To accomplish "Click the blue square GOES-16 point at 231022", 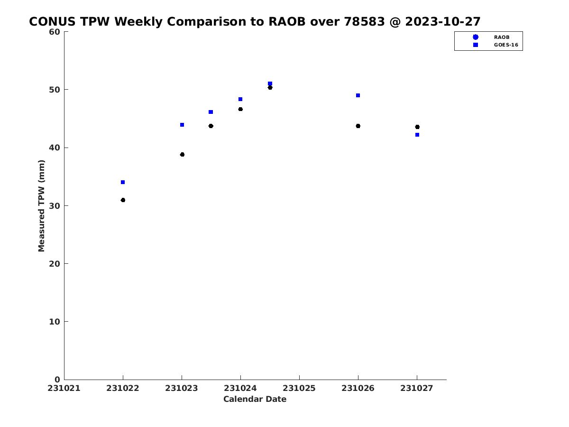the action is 123,182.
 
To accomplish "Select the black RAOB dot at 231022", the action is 123,200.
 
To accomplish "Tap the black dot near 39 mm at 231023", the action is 182,155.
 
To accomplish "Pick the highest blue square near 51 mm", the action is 270,84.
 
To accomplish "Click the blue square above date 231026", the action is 358,95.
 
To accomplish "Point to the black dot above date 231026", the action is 358,126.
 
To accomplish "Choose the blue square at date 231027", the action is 417,135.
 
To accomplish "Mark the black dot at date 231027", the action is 417,127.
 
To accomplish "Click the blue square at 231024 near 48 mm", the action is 240,99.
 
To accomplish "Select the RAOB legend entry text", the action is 502,37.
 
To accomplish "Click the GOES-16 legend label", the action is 506,45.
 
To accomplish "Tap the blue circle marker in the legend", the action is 476,37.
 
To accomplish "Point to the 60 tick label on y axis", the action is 55,32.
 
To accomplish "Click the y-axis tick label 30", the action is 55,206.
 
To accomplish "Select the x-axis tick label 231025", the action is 299,388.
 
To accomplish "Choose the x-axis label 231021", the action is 64,388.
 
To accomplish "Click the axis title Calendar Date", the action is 255,399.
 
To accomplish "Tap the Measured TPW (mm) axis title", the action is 41,205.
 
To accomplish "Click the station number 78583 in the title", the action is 364,21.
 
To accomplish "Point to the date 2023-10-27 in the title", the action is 443,21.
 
